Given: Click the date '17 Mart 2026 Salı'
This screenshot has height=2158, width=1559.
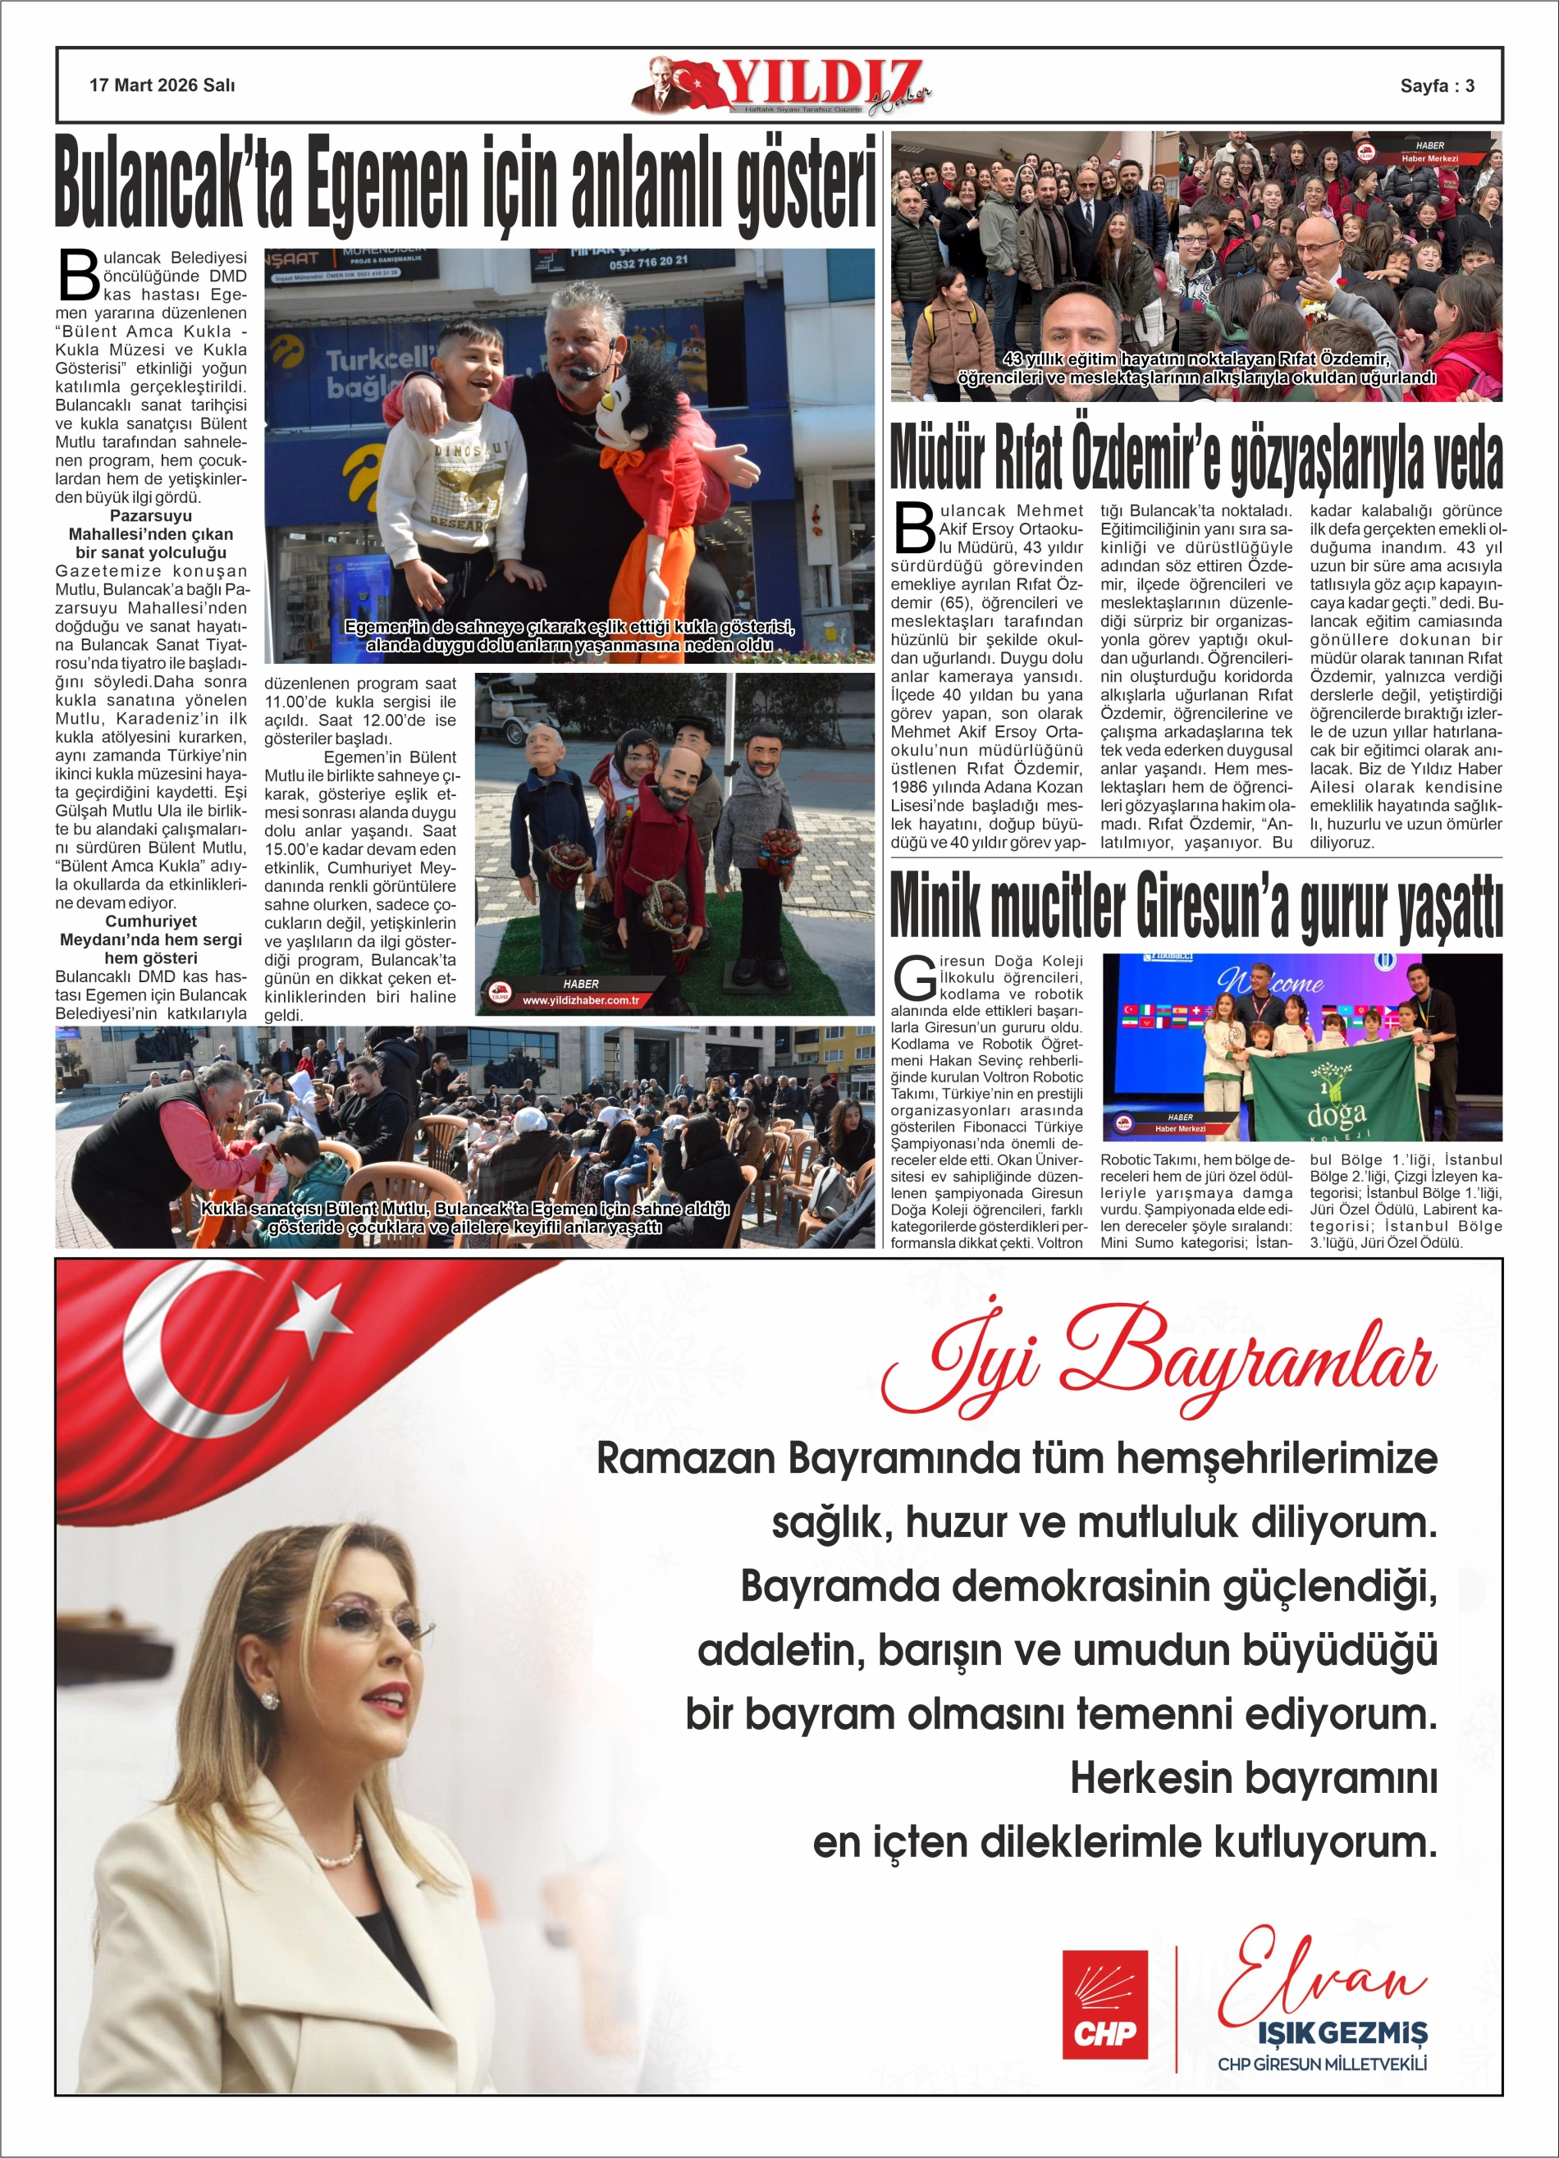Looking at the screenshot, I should (162, 85).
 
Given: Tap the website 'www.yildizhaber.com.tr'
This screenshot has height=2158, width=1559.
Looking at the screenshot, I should (581, 1000).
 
